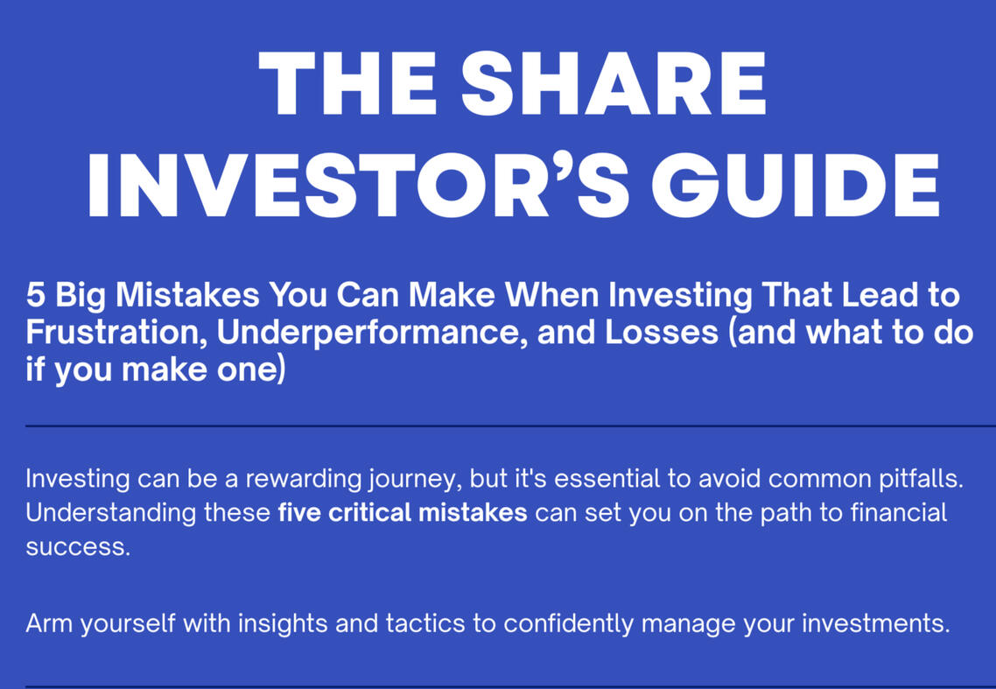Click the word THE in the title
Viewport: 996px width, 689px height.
coord(348,83)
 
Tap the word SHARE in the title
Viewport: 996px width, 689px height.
coord(614,83)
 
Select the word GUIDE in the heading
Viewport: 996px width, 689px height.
coord(796,186)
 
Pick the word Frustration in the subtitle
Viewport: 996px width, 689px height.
coord(116,333)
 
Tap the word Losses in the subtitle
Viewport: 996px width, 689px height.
coord(662,333)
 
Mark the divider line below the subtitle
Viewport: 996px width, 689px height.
coord(511,425)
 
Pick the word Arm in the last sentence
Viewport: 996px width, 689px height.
coord(49,623)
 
